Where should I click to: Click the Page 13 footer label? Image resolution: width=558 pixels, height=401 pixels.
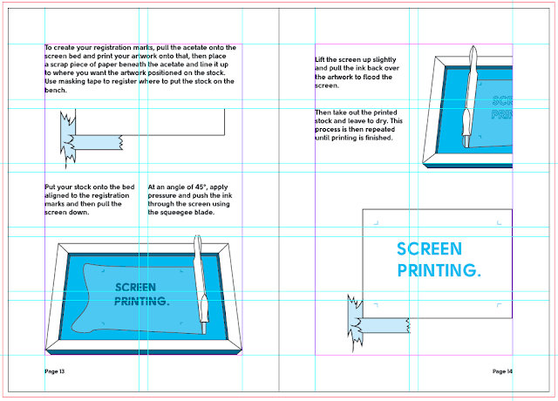[55, 371]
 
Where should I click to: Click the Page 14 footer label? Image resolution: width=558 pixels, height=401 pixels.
[502, 371]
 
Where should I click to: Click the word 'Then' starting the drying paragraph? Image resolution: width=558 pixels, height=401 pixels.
[324, 112]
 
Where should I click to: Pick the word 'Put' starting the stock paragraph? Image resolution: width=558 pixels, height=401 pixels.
[51, 186]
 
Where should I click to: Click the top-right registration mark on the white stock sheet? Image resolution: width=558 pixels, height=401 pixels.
[500, 223]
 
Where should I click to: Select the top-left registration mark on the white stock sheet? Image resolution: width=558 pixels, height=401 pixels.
[376, 223]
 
